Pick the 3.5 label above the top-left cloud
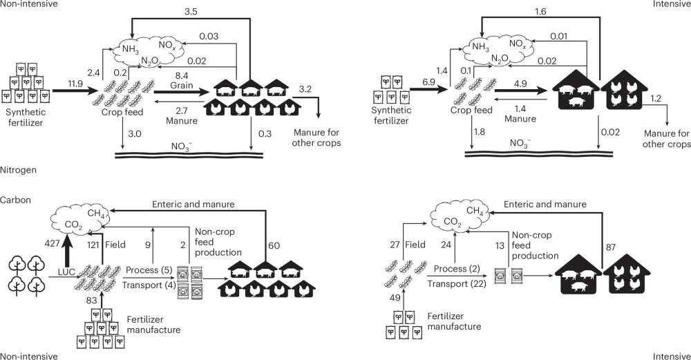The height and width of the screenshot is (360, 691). click(x=191, y=12)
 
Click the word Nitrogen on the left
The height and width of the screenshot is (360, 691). click(x=17, y=169)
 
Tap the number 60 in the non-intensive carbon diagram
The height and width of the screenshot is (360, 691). click(x=274, y=245)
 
